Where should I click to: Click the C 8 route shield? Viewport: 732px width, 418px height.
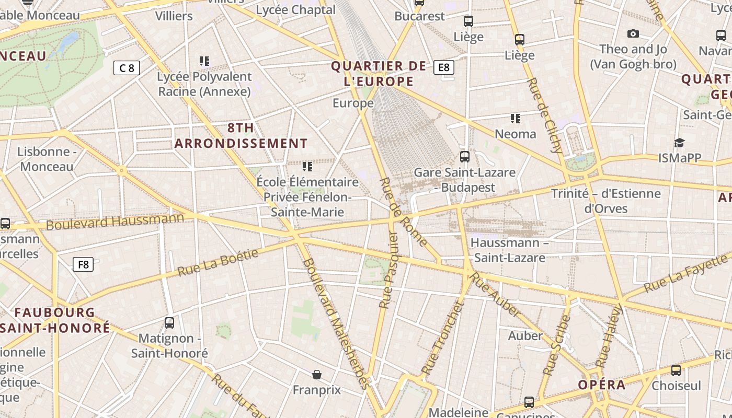(x=127, y=68)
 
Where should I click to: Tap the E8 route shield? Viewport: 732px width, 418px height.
(x=444, y=67)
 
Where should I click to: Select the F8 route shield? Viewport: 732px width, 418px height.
(x=83, y=264)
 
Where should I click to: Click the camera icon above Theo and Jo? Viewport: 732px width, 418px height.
(x=633, y=34)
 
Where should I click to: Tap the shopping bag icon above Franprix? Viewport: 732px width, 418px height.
(x=317, y=375)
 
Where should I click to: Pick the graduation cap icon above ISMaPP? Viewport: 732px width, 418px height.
(x=679, y=143)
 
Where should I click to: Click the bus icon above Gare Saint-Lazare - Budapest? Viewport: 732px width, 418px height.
(x=464, y=156)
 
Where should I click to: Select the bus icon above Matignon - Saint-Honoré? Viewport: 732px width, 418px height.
(x=169, y=322)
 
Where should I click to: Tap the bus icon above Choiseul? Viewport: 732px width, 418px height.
(x=676, y=370)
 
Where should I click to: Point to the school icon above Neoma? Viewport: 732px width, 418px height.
(x=516, y=119)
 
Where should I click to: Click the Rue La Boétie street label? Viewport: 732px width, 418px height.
(x=218, y=263)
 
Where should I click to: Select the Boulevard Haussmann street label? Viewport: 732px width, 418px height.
(x=115, y=222)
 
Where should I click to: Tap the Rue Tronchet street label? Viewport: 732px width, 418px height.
(x=443, y=338)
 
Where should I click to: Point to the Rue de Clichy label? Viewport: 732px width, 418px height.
(x=545, y=115)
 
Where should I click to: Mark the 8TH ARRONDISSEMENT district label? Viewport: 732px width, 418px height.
(x=241, y=135)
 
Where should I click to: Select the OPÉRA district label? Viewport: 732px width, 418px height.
(x=601, y=385)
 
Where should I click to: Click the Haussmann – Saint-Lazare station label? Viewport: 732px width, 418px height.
(x=509, y=250)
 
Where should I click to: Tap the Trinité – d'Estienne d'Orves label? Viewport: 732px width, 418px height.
(x=605, y=201)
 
